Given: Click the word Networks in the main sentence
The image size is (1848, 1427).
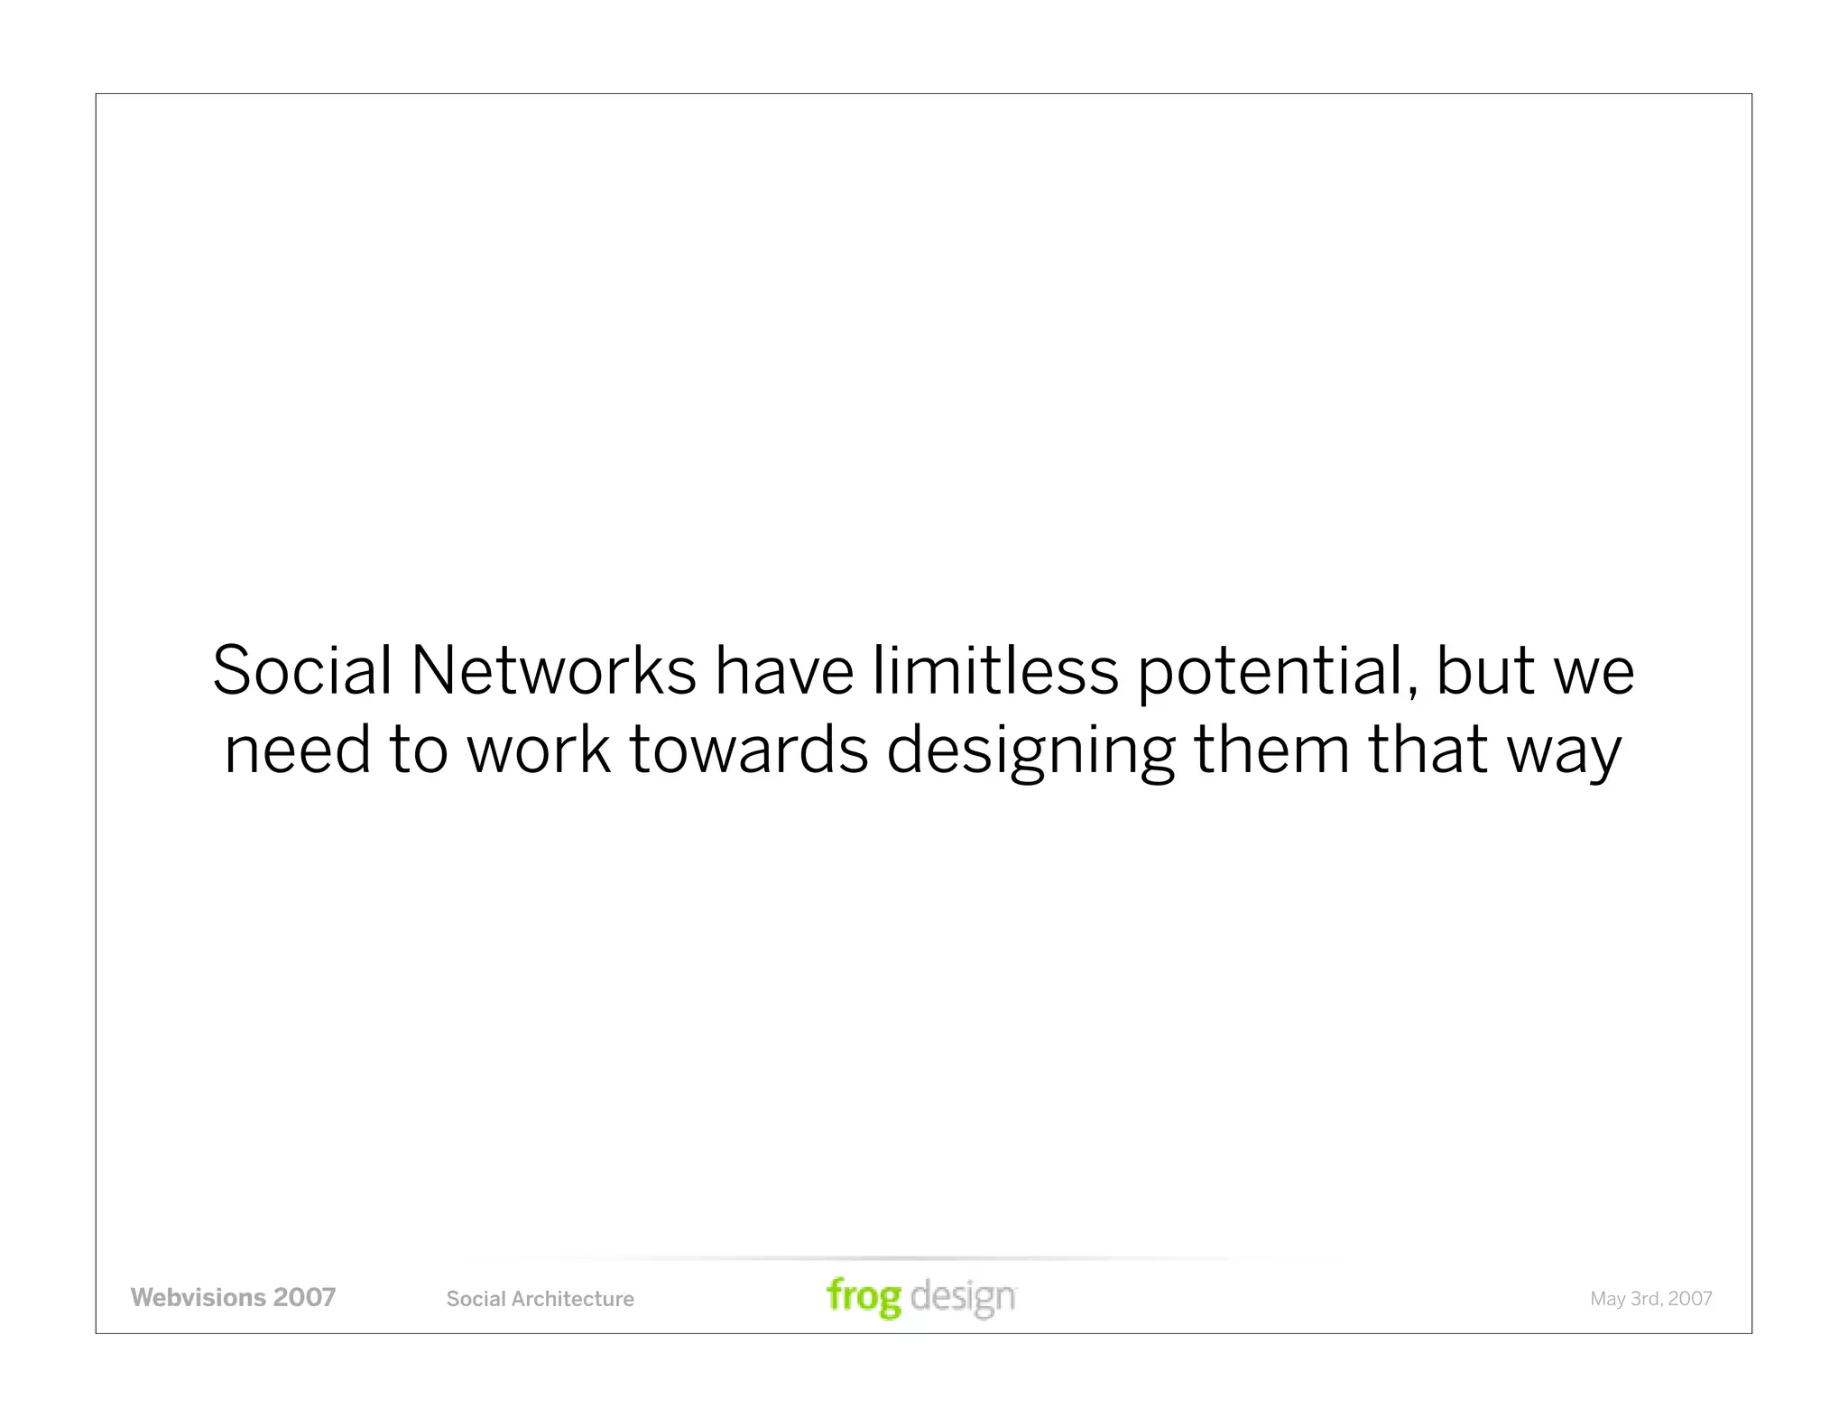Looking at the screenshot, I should (x=553, y=672).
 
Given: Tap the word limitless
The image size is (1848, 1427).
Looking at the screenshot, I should (x=994, y=672).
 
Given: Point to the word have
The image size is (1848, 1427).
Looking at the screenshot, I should (x=783, y=672).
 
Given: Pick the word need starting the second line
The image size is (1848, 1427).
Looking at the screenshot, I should (x=297, y=750).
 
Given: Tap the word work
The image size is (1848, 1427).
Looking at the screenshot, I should (x=538, y=750).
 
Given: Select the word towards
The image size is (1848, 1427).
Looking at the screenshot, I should (x=748, y=750).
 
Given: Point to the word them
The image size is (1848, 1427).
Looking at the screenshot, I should (x=1270, y=750).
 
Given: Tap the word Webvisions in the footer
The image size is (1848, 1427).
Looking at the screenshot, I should (x=198, y=1298).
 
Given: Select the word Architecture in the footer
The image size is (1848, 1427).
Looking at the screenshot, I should (x=572, y=1299).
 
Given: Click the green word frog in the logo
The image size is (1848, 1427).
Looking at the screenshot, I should (x=864, y=1298).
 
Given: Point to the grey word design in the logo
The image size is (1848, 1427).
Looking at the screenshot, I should (x=963, y=1298).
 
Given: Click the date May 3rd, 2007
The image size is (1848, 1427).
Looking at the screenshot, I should (x=1650, y=1299).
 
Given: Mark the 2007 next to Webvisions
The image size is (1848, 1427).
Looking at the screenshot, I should (x=304, y=1298).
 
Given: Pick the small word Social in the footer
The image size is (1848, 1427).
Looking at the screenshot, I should (x=476, y=1299).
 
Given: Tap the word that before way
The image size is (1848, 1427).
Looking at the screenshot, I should (x=1428, y=750).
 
